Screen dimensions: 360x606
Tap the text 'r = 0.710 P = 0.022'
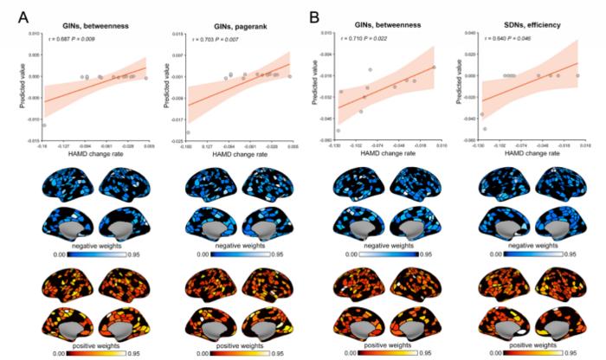pyautogui.click(x=362, y=39)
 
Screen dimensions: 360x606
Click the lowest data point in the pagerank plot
pyautogui.click(x=188, y=132)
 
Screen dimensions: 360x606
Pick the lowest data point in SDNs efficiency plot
pyautogui.click(x=485, y=129)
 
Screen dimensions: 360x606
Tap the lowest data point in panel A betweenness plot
pyautogui.click(x=44, y=125)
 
